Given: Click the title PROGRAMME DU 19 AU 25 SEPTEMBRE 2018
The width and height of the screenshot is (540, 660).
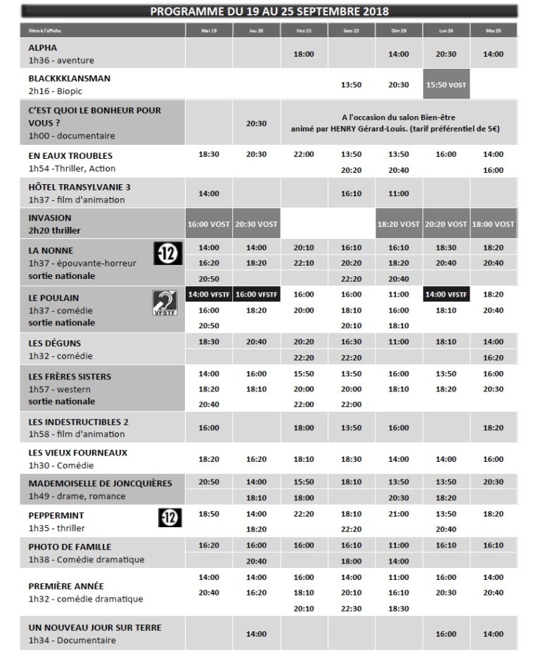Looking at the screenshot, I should pyautogui.click(x=269, y=11).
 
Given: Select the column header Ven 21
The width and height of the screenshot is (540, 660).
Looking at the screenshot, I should pyautogui.click(x=304, y=31).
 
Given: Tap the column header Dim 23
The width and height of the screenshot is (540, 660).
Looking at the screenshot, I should pyautogui.click(x=399, y=31).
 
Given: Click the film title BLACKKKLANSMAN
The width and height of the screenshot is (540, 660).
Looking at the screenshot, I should pyautogui.click(x=70, y=79).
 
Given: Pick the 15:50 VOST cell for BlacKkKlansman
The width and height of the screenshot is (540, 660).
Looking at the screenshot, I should pyautogui.click(x=446, y=84).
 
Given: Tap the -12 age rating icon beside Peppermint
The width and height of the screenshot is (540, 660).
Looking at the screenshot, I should pyautogui.click(x=172, y=519).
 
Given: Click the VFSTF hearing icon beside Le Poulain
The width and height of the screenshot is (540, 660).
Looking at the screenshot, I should pyautogui.click(x=167, y=304).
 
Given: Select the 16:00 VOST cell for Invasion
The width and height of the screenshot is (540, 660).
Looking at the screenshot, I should pyautogui.click(x=209, y=224).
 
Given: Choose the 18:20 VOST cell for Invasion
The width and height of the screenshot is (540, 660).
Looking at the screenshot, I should pyautogui.click(x=399, y=224).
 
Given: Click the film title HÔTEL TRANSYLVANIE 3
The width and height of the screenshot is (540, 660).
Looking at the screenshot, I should pyautogui.click(x=79, y=187).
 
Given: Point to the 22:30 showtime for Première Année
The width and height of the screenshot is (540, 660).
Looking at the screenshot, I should pyautogui.click(x=351, y=609).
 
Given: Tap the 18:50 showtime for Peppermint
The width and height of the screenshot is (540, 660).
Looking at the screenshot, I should pyautogui.click(x=209, y=514).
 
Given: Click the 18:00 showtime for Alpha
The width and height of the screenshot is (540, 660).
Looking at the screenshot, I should pyautogui.click(x=304, y=53).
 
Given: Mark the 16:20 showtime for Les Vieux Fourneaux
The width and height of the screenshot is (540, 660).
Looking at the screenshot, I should pyautogui.click(x=257, y=459).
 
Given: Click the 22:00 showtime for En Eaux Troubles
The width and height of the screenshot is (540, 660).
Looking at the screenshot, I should pyautogui.click(x=304, y=154).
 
